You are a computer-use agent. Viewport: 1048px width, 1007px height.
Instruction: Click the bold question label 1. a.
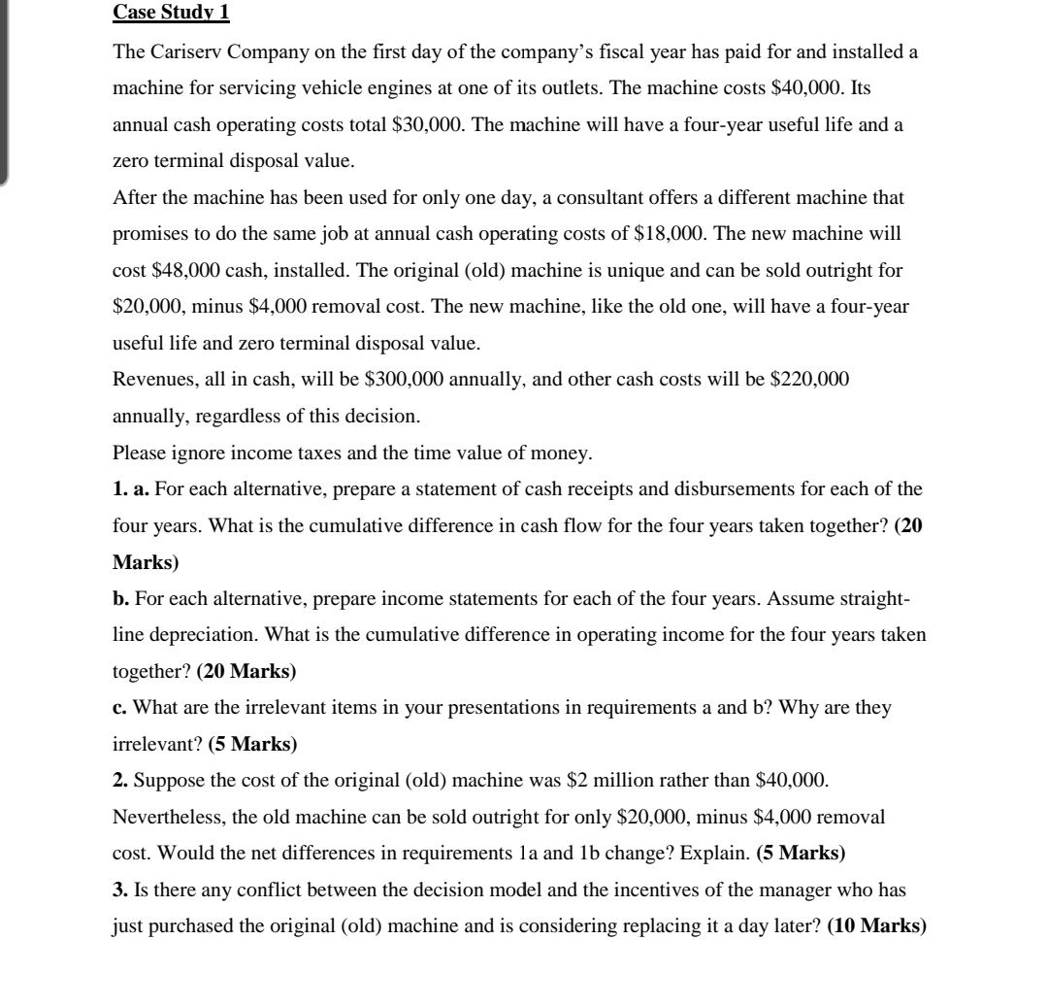point(132,489)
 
